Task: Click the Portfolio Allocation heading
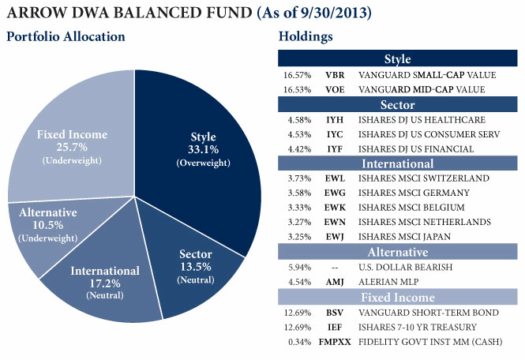click(66, 37)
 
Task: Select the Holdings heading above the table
click(306, 37)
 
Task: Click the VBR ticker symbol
click(335, 74)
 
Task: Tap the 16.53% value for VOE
click(298, 89)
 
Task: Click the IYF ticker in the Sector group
click(335, 148)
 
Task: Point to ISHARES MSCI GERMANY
click(412, 193)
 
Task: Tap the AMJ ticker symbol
click(335, 282)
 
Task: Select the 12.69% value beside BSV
click(298, 312)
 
